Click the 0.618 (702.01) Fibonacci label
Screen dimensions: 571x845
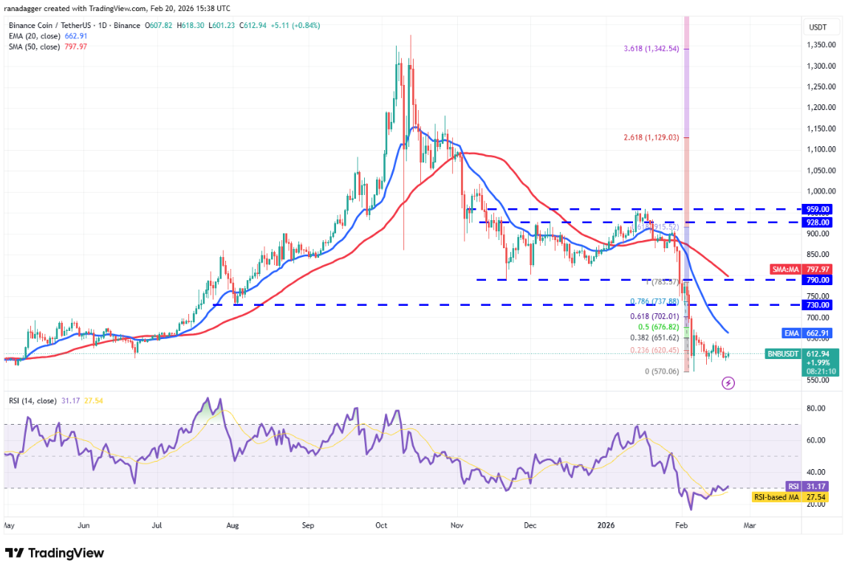pos(647,316)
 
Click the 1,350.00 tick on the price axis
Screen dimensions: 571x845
pos(820,44)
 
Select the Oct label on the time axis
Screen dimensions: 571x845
pos(380,525)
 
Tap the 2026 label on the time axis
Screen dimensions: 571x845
pos(606,525)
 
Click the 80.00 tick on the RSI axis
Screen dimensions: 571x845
pos(816,408)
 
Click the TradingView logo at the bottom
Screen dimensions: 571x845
pos(55,553)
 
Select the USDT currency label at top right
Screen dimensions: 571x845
pos(818,27)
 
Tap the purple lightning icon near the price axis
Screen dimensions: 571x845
pos(728,383)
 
